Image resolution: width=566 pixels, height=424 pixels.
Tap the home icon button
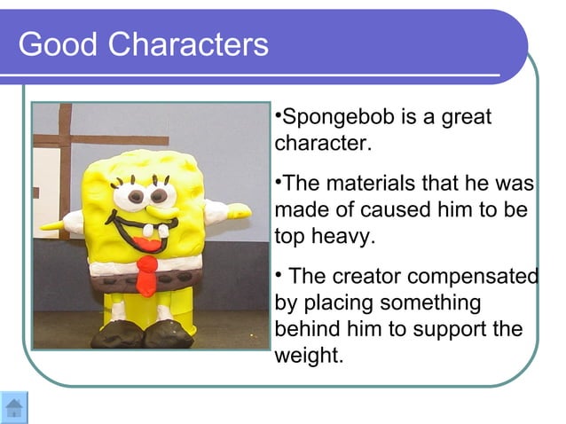pos(14,407)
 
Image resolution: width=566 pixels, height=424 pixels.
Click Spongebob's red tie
pos(147,276)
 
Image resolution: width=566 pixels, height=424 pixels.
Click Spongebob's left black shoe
pos(114,336)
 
